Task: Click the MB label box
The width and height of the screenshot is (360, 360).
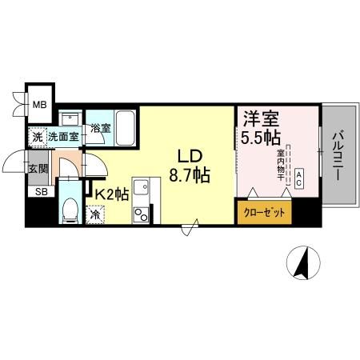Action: point(37,102)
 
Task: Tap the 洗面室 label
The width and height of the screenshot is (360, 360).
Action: point(64,137)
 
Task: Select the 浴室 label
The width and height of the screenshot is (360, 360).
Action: point(99,128)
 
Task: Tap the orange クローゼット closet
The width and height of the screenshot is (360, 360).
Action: point(263,213)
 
